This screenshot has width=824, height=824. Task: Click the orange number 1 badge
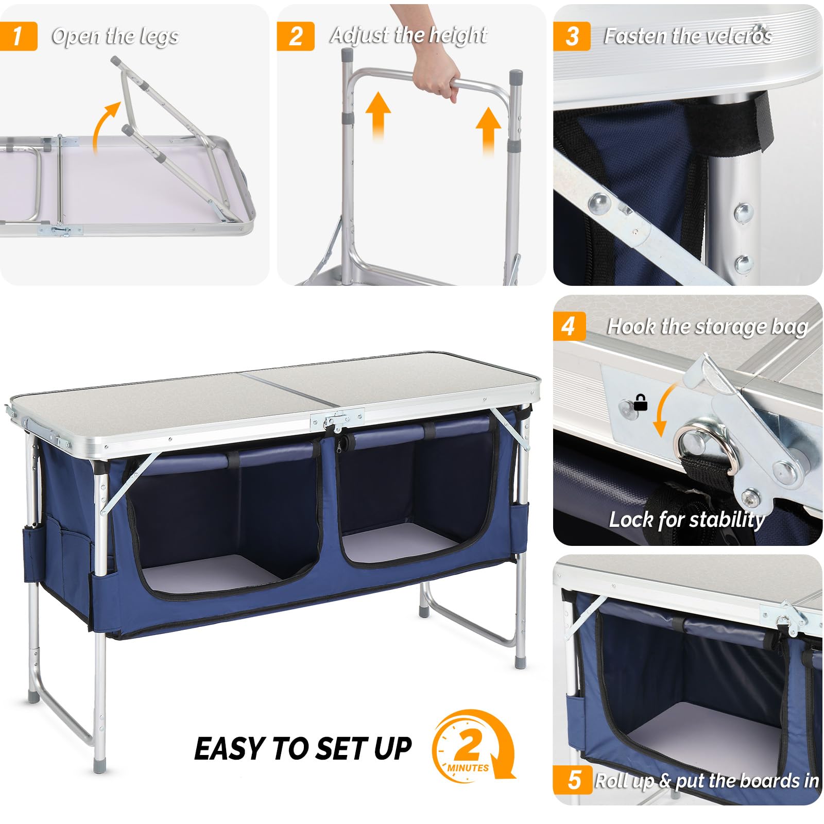(x=18, y=36)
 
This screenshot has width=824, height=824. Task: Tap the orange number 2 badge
(x=295, y=36)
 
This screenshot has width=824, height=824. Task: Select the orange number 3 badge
(x=572, y=36)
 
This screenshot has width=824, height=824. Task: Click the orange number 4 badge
(x=569, y=326)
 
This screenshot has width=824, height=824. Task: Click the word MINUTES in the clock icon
(x=468, y=768)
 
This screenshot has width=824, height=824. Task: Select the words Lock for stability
(x=686, y=519)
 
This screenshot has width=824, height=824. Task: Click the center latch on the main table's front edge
(x=337, y=420)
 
